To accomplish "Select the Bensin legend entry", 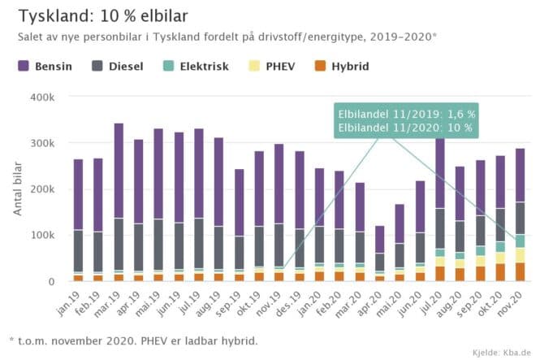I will click(48, 67).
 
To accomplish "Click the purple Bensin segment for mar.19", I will click(119, 171).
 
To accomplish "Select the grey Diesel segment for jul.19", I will click(198, 244).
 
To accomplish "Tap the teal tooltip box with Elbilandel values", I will click(405, 121).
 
